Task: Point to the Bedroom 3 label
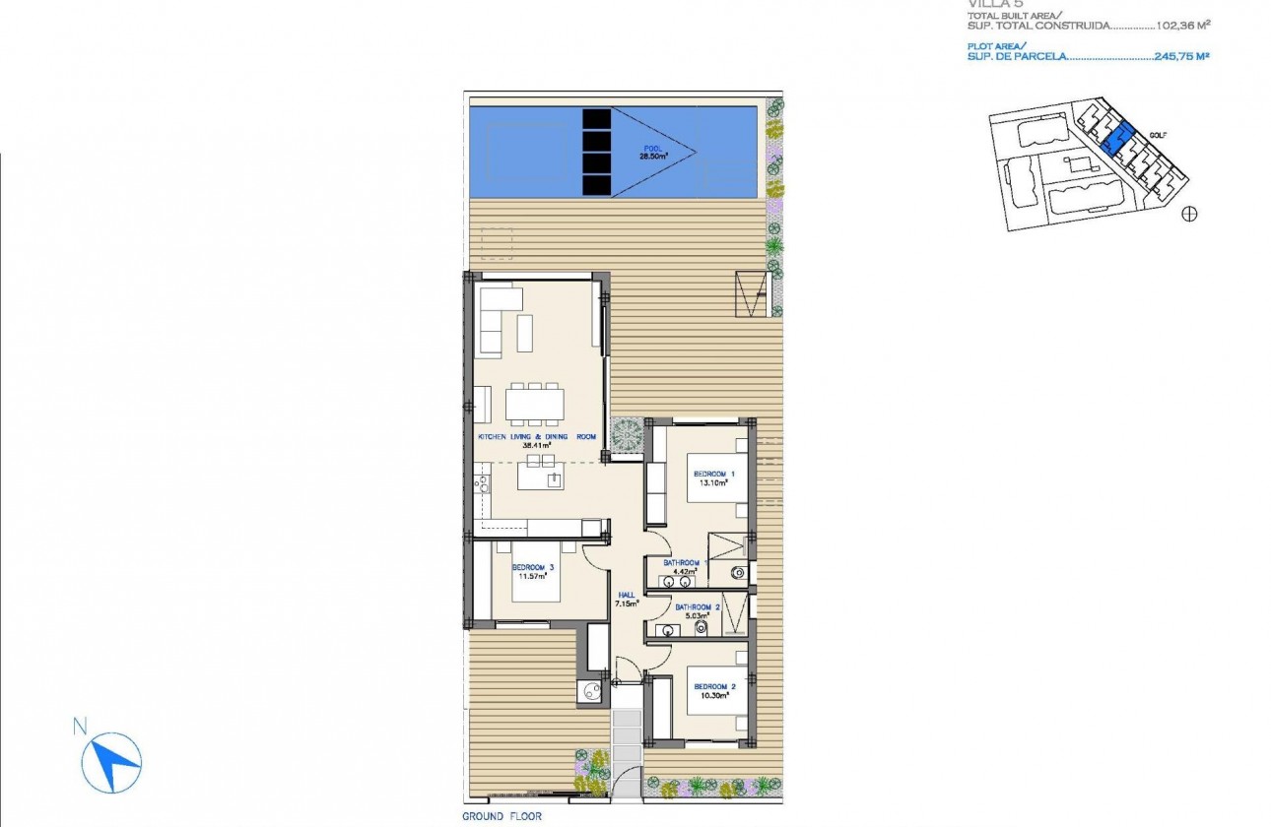(x=533, y=568)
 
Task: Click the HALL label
(x=627, y=595)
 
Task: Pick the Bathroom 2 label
(x=698, y=607)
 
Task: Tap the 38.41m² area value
(x=536, y=444)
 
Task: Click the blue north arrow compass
(x=111, y=760)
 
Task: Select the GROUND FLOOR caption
(x=502, y=816)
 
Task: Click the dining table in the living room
(x=536, y=404)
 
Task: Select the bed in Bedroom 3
(x=533, y=572)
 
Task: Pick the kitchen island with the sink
(x=542, y=479)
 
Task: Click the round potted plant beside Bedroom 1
(x=625, y=434)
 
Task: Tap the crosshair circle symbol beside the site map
(x=1189, y=214)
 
